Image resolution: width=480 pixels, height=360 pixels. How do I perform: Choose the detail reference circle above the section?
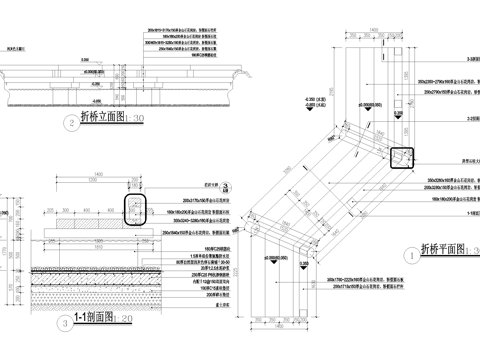tap(226, 186)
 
